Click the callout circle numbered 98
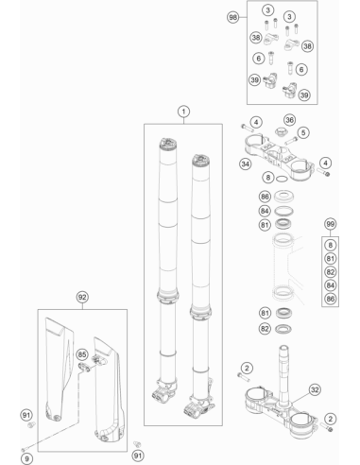point(232,17)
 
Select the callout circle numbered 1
point(183,112)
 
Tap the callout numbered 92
point(82,297)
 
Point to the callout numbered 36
point(289,120)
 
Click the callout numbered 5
point(303,132)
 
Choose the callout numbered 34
point(245,164)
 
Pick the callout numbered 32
point(315,390)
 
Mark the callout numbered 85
point(82,354)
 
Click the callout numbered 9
point(26,458)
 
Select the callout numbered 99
point(330,224)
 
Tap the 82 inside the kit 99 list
point(330,272)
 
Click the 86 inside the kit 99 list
point(330,299)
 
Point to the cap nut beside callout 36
point(280,131)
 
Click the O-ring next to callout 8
point(282,180)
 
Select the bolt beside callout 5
point(291,140)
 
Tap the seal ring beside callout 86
point(283,197)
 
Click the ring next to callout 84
point(283,211)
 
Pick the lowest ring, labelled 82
point(283,329)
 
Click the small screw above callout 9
point(25,449)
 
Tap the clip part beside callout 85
point(84,367)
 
